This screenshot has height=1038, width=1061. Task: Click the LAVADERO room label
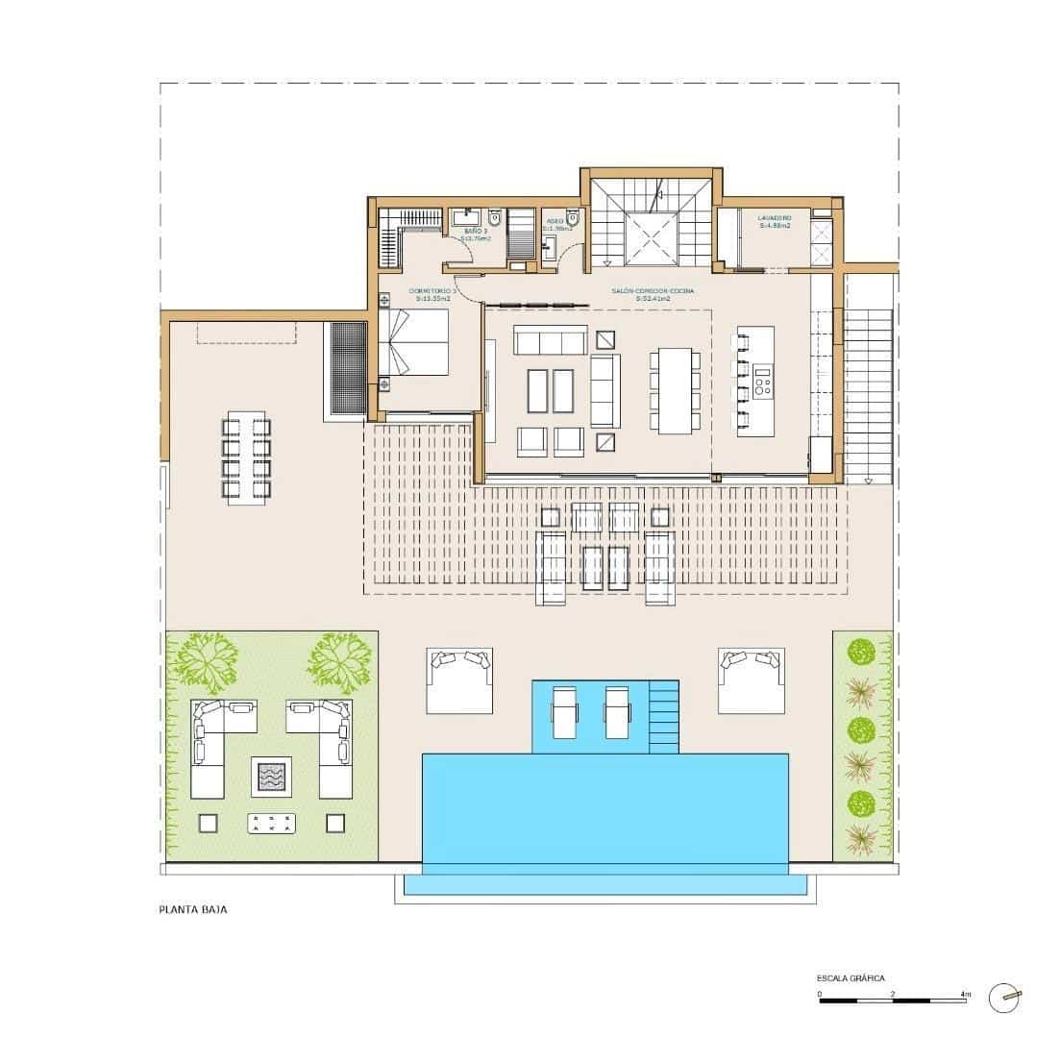pos(775,219)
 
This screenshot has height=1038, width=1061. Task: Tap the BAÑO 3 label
pos(477,232)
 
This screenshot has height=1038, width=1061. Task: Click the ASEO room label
pos(555,220)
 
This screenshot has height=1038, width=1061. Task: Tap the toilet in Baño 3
pos(495,216)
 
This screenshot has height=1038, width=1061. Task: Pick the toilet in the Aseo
pos(572,215)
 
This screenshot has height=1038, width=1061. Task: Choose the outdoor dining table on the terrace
pos(247,457)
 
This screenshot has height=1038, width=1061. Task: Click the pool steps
pos(665,715)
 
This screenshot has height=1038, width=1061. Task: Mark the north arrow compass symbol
pos(1005,998)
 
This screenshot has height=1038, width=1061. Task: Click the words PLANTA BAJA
pos(193,907)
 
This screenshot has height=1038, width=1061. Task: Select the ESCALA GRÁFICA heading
pos(851,977)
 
